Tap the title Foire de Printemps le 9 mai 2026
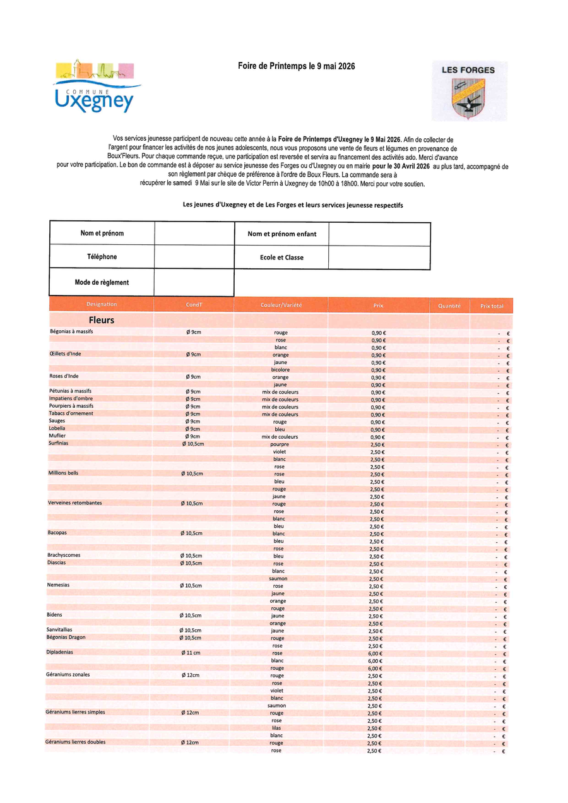pos(288,66)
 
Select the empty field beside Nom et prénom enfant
pos(379,234)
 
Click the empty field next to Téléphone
pos(194,257)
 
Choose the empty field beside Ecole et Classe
pos(379,258)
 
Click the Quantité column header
pos(449,306)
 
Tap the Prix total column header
pos(492,306)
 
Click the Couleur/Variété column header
pos(281,305)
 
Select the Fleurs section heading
pos(101,321)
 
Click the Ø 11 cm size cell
pos(191,653)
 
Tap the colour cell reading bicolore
pos(280,369)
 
